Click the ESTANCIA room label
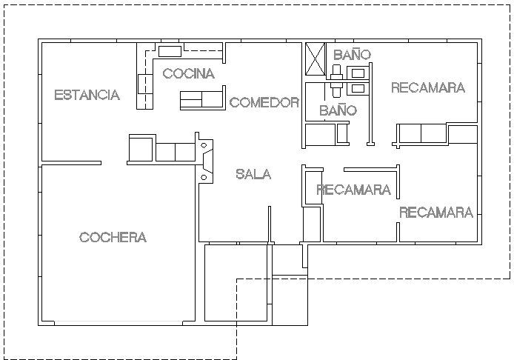coord(87,95)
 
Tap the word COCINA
coord(188,73)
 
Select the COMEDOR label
coord(264,102)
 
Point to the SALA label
coord(253,174)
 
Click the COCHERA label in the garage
coord(113,237)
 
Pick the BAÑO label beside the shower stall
coord(352,55)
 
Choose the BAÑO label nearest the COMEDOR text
coord(338,110)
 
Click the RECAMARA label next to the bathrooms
coord(427,87)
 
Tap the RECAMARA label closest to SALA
coord(353,190)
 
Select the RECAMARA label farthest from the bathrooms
coord(436,213)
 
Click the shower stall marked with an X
coord(316,59)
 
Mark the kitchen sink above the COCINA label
coord(170,51)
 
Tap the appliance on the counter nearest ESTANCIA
coord(144,82)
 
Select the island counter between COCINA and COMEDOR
coord(202,99)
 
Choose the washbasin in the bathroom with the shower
coord(359,73)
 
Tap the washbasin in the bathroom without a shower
coord(358,88)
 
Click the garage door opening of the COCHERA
coord(119,323)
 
